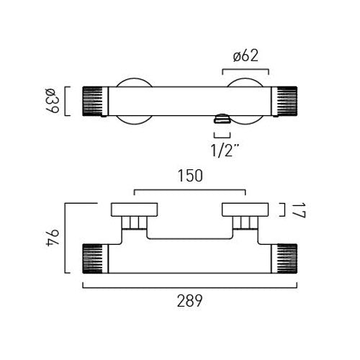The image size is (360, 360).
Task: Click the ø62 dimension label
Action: point(246,56)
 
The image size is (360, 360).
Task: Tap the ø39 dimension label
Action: point(53,101)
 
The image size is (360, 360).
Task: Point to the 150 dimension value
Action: point(190,176)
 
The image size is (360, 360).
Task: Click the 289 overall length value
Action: point(189,301)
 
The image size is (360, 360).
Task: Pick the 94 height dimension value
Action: point(53,238)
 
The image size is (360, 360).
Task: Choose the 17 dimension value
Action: point(300,210)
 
